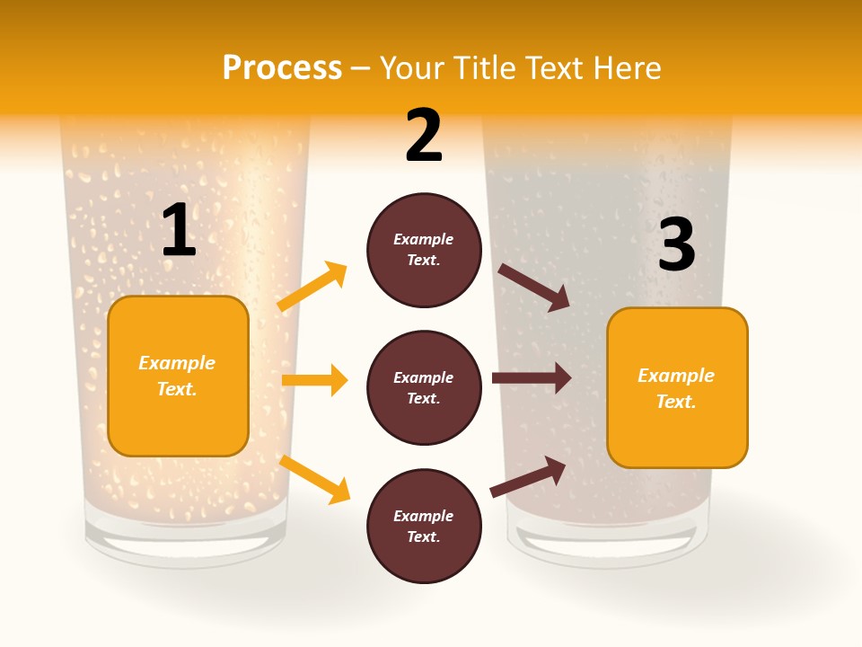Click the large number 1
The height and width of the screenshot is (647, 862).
click(x=179, y=230)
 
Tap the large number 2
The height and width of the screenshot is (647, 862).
click(x=424, y=136)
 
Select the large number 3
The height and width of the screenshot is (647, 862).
click(x=677, y=244)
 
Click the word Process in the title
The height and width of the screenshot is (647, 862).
click(x=282, y=67)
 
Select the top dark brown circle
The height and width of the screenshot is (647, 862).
click(x=424, y=250)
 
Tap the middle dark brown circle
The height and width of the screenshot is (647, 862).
click(x=424, y=387)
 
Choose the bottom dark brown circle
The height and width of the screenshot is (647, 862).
click(x=424, y=526)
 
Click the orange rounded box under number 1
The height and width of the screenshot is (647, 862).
click(x=178, y=376)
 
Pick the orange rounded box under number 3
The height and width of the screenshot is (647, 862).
click(x=677, y=387)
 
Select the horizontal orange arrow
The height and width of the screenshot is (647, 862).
click(x=314, y=380)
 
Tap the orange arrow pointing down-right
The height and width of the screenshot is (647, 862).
click(x=314, y=479)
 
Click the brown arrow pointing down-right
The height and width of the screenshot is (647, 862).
click(x=534, y=287)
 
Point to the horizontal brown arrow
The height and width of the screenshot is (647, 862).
click(x=532, y=378)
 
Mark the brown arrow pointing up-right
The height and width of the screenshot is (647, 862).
click(x=528, y=476)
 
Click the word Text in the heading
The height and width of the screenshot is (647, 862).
click(x=553, y=67)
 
